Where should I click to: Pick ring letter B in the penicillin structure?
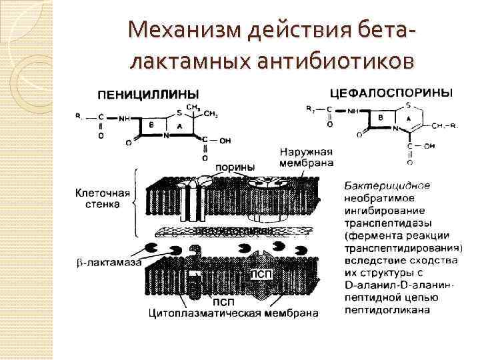pos(152,125)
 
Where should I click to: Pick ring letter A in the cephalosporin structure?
pos(407,118)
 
